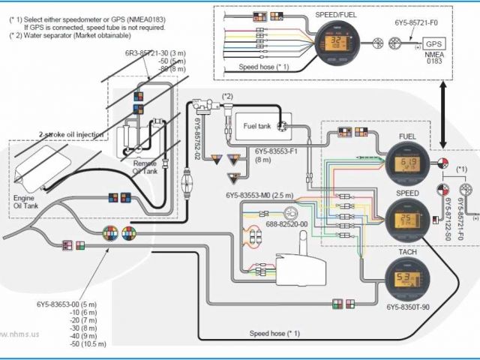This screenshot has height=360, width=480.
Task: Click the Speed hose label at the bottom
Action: coord(274,333)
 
